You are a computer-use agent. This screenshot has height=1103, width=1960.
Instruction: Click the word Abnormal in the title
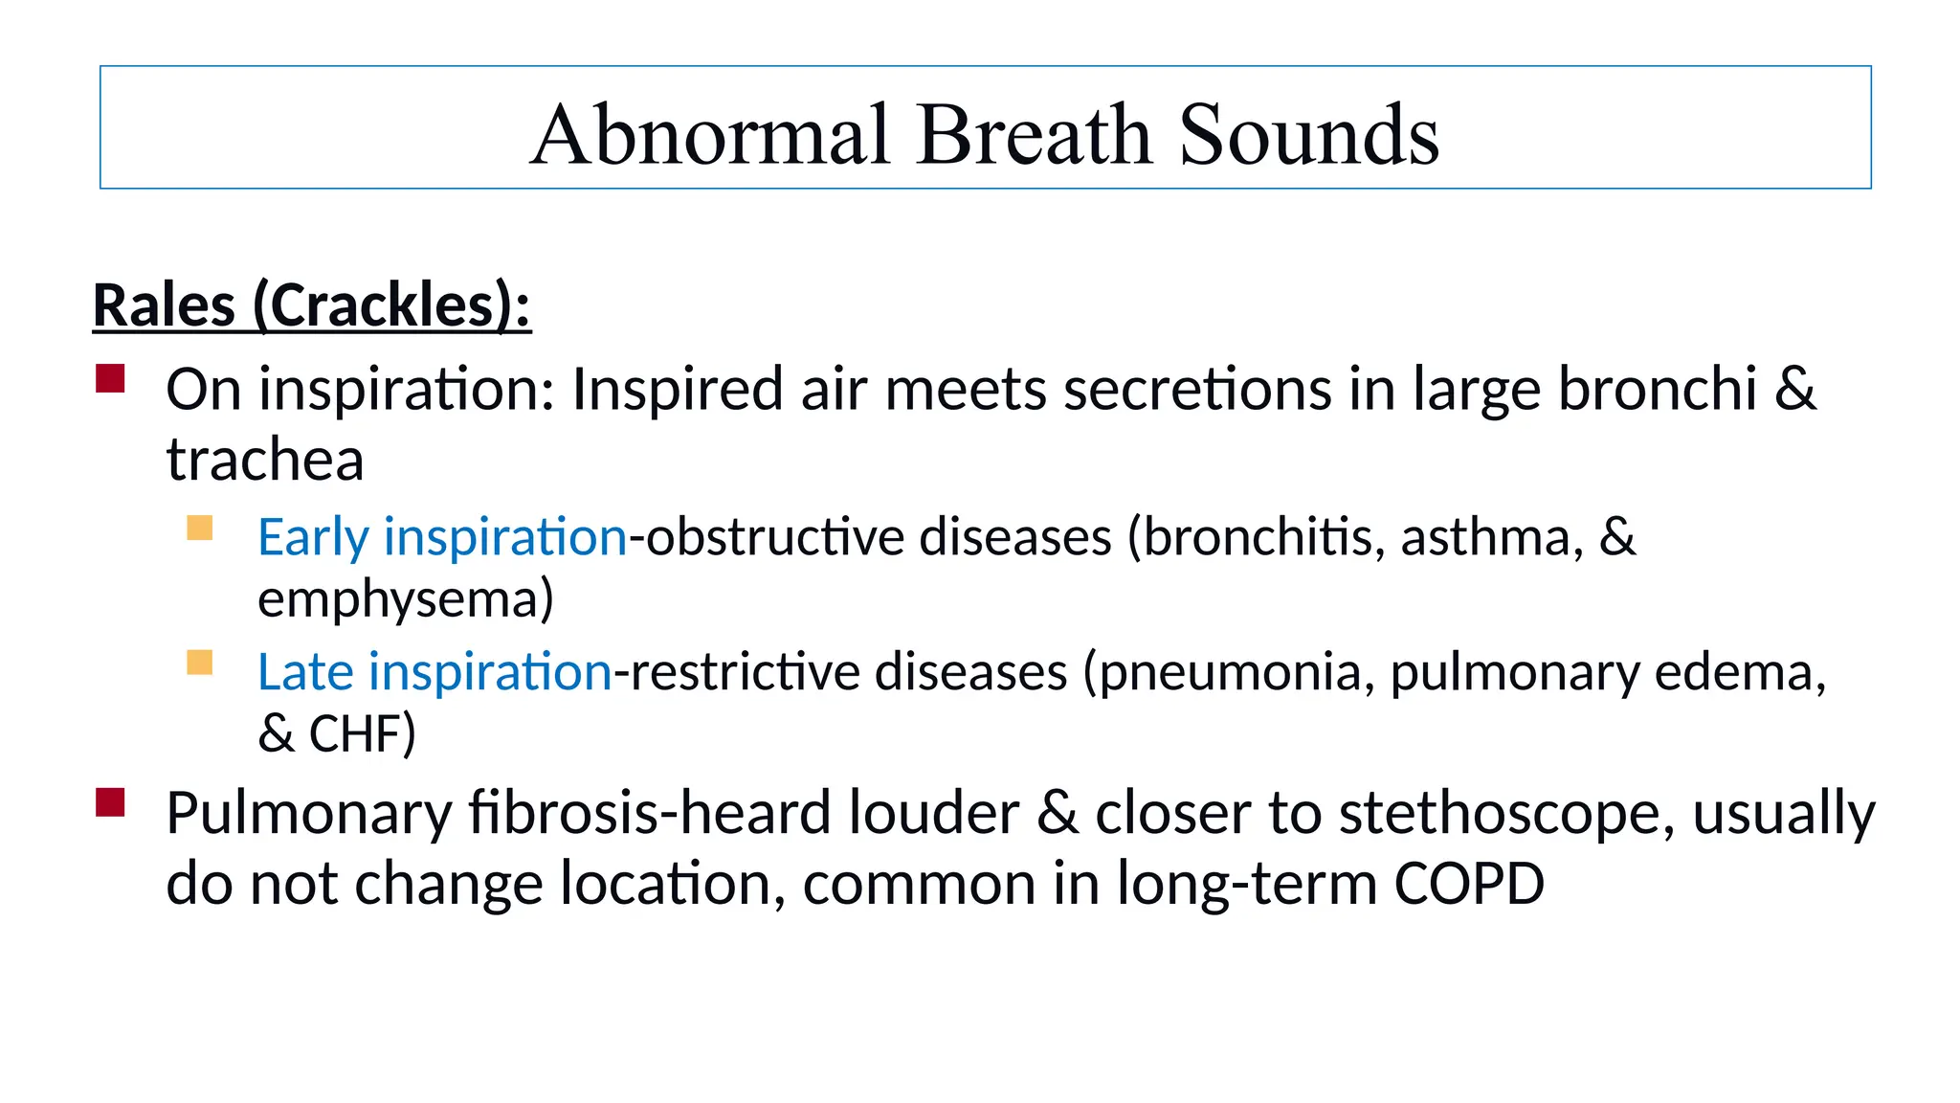coord(711,135)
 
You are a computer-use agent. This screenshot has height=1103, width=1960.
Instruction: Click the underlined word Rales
coord(164,306)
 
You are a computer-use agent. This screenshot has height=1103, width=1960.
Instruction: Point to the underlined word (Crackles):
coord(391,306)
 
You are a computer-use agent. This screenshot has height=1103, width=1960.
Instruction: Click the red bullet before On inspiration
coord(110,378)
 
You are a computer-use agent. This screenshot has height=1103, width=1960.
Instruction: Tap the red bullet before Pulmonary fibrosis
coord(110,802)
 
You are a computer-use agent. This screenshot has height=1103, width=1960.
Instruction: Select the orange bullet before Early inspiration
coord(199,529)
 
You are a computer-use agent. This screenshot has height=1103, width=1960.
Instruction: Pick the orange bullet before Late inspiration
coord(199,663)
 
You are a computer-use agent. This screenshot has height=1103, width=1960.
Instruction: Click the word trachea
coord(265,461)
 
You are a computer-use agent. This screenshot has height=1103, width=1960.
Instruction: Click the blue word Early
coord(312,538)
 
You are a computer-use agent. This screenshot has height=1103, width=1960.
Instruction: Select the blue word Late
coord(305,672)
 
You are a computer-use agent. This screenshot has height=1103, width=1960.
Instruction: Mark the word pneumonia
coord(1230,672)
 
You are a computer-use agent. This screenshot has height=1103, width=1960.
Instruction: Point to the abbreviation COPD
coord(1469,884)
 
